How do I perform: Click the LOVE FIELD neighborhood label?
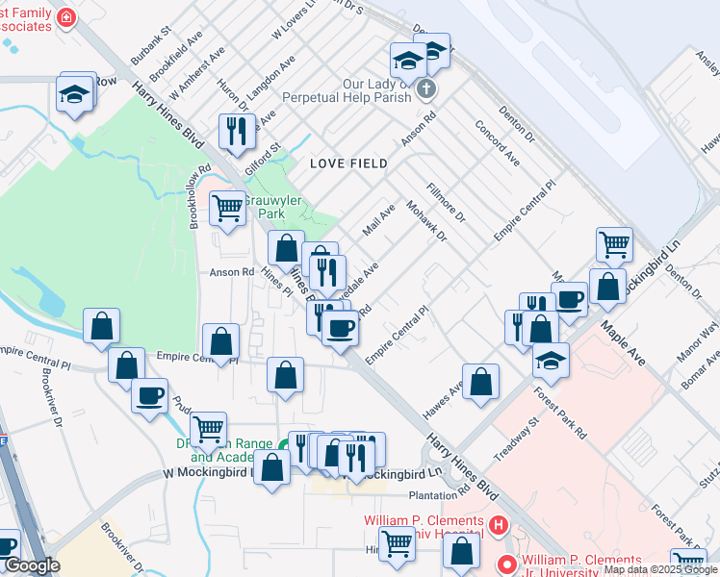(348, 164)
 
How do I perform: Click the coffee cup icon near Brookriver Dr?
(149, 394)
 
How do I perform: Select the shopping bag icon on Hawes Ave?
(480, 380)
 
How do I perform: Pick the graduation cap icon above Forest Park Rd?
(551, 359)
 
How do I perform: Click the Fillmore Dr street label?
(446, 204)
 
